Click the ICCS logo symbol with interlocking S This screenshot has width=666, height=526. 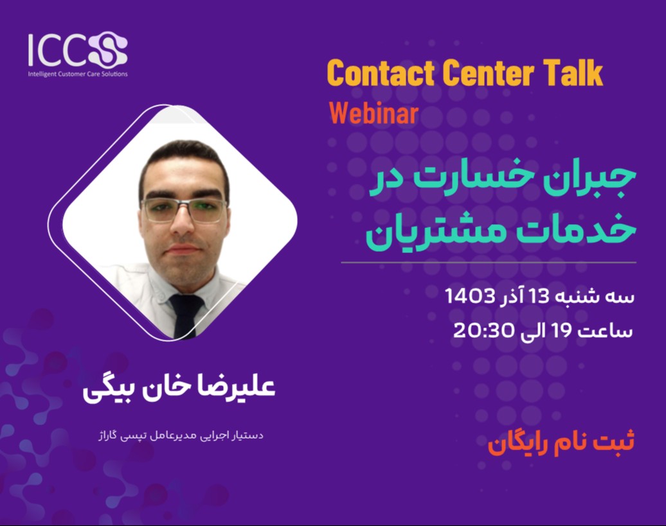pos(108,50)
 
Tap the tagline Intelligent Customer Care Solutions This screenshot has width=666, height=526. pos(78,74)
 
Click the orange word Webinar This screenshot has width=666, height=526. pos(373,113)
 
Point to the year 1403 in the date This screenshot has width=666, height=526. pos(470,297)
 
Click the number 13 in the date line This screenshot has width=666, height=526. pos(541,297)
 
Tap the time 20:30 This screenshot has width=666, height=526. pos(482,331)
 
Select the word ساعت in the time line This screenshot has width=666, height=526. pos(608,331)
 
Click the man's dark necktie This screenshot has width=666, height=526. pos(186,315)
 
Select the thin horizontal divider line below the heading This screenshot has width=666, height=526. pos(488,263)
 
